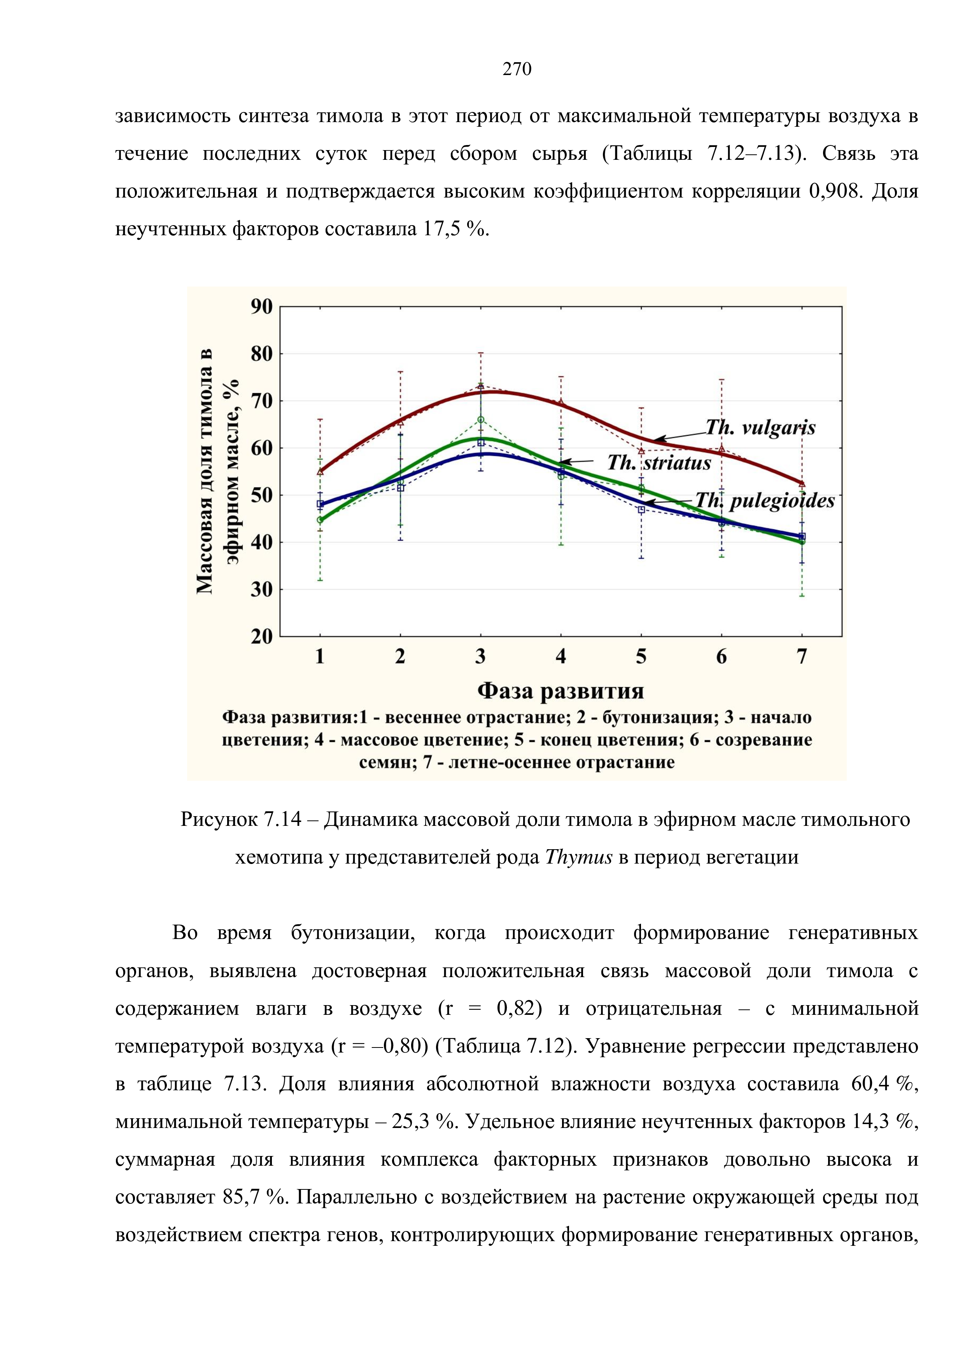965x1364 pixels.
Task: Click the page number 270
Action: [x=517, y=70]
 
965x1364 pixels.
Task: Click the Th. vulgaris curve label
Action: [x=760, y=427]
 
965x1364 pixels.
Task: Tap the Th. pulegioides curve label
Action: [x=764, y=501]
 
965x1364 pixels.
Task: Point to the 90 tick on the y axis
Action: [x=261, y=307]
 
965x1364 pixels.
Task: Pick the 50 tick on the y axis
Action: [x=261, y=495]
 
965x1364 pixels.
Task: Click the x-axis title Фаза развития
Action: [x=560, y=691]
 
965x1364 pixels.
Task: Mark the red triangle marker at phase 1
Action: [x=320, y=471]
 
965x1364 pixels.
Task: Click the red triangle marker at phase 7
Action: [x=802, y=484]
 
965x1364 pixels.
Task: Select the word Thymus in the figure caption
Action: [x=578, y=857]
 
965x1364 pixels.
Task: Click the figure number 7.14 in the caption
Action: [x=283, y=820]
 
